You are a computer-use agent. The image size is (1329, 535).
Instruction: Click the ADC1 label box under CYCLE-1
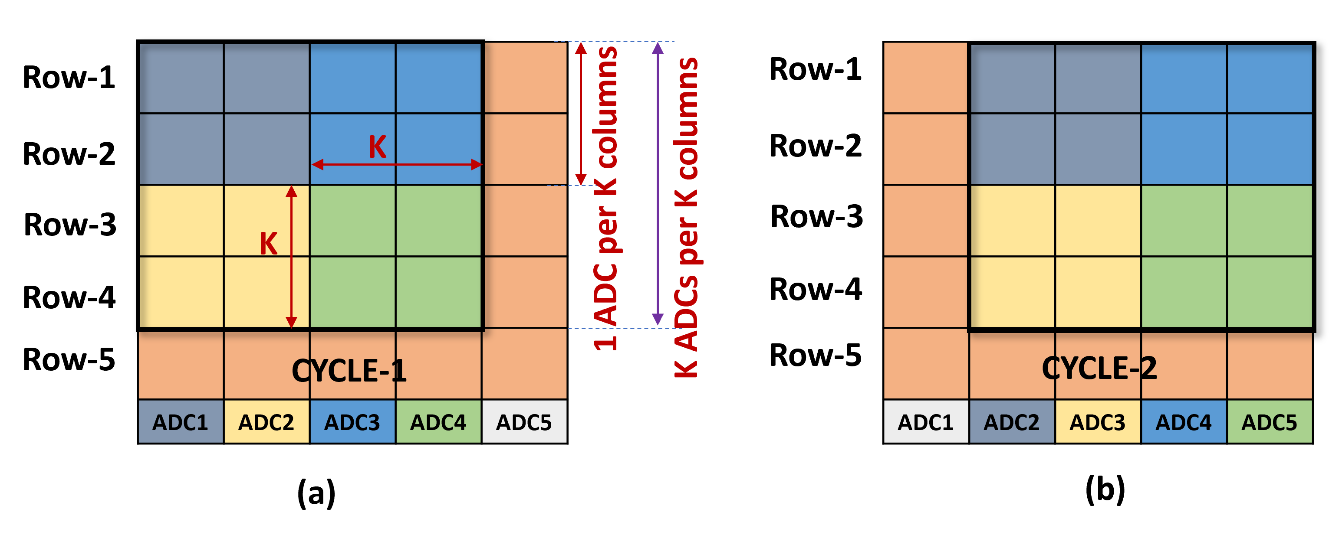point(181,421)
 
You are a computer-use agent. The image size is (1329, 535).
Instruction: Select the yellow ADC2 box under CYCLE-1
point(266,421)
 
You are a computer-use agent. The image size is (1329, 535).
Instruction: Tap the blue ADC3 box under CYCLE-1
point(352,421)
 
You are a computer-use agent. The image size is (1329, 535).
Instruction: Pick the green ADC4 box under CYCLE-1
point(438,421)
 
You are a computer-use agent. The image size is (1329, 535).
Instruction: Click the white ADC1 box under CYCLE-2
point(925,421)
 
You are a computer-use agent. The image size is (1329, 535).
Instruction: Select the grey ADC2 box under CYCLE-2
point(1012,421)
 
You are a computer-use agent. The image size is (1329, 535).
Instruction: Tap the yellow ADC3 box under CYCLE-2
point(1097,421)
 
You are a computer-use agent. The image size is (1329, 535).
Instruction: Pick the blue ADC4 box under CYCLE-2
point(1184,421)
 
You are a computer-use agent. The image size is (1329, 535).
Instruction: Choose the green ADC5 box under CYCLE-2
point(1269,421)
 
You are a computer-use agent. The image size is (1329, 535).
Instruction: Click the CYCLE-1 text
point(349,371)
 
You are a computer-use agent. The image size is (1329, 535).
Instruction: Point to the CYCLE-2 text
point(1099,368)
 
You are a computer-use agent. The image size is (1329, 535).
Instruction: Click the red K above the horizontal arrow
point(377,147)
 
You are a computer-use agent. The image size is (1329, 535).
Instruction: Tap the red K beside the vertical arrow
point(268,243)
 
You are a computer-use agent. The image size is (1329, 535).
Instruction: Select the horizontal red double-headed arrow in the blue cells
point(397,165)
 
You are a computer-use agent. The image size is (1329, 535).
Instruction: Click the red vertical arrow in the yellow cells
point(292,257)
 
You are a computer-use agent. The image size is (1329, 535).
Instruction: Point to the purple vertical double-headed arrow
point(657,184)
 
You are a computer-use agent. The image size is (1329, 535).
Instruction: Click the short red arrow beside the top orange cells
point(581,114)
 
